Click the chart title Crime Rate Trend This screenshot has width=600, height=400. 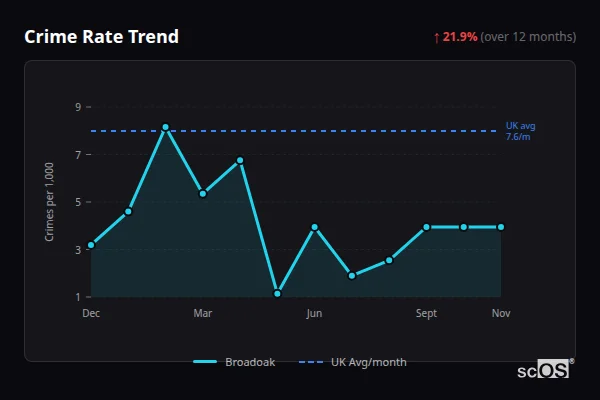[x=101, y=37]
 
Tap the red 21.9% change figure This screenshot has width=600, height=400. [x=460, y=37]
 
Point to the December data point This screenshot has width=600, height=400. [x=91, y=245]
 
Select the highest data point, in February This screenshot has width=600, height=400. [x=165, y=127]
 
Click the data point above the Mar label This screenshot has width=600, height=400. [x=203, y=193]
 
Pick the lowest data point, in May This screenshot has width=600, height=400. [x=277, y=294]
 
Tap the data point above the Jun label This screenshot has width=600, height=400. [x=314, y=227]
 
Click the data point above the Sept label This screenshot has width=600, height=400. [x=426, y=227]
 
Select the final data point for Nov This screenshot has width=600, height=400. [x=501, y=227]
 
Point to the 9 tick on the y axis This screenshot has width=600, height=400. [x=77, y=107]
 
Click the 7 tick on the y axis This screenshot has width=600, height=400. [x=77, y=155]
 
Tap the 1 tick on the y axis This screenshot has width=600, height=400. [x=77, y=297]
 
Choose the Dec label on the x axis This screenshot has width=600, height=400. [x=91, y=313]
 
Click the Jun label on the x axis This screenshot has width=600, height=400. [x=314, y=313]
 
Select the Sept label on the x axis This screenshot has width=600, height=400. [x=426, y=313]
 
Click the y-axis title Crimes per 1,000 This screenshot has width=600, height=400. [x=50, y=201]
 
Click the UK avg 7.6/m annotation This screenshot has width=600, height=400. [x=520, y=130]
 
